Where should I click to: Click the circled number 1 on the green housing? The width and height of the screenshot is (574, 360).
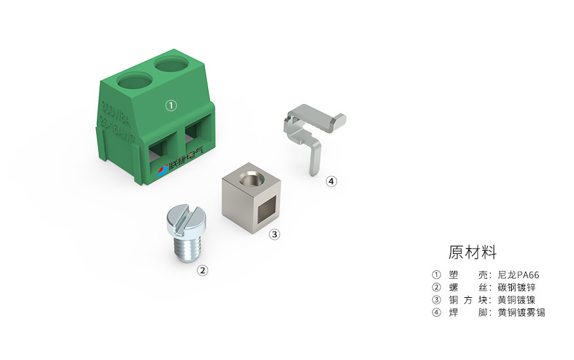tap(171, 105)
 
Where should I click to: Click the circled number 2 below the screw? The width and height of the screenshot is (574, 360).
tap(203, 270)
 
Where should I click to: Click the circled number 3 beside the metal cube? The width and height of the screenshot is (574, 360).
tap(275, 234)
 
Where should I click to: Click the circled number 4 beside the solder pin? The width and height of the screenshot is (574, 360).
tap(332, 181)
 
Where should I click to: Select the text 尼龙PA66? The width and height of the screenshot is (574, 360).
tap(518, 275)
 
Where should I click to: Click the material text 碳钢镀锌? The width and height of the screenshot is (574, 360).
tap(516, 287)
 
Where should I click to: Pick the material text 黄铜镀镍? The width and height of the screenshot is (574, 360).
tap(516, 300)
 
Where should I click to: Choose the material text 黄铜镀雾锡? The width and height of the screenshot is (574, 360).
tap(521, 312)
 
